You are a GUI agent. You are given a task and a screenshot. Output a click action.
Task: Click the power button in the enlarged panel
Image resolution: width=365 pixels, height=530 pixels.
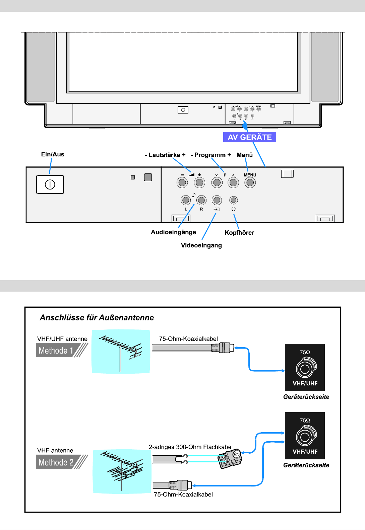50,184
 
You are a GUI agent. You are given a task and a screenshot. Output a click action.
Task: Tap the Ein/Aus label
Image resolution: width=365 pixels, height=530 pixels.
53,154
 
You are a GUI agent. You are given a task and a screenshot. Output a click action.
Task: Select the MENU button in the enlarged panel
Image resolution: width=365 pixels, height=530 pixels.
250,182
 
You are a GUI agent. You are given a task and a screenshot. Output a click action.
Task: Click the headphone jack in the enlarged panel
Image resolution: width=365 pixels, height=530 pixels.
234,200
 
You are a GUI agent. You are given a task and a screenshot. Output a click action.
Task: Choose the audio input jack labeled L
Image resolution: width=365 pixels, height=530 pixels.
185,200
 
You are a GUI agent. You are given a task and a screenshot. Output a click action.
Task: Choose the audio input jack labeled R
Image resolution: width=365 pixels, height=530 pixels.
201,200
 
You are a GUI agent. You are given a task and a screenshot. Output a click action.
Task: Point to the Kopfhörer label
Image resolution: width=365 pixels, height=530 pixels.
239,233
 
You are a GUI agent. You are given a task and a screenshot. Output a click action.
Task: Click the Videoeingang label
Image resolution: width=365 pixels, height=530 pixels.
201,245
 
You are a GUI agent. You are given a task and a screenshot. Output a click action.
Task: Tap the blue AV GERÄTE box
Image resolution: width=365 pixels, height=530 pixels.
250,137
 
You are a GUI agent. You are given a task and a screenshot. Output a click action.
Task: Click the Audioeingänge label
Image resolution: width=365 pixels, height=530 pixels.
173,232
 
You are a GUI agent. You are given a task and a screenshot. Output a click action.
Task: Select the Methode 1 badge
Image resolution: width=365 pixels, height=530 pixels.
56,351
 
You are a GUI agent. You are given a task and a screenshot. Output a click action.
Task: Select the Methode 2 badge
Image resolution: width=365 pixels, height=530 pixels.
56,462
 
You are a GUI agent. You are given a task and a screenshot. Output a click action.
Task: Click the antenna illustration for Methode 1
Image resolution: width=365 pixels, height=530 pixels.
121,352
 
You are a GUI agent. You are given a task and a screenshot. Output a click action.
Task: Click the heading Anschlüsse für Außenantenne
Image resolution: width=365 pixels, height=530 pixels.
97,318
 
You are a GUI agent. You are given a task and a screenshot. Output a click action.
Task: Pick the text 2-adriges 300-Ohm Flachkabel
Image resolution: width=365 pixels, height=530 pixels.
190,447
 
